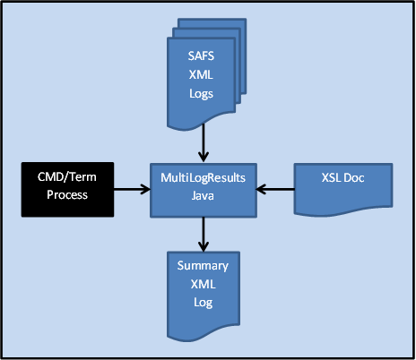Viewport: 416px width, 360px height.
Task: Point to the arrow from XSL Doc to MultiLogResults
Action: [x=275, y=188]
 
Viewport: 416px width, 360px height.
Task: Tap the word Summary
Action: [x=204, y=266]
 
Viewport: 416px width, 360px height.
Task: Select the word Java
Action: [x=202, y=194]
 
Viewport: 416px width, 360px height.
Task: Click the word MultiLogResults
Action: [x=202, y=179]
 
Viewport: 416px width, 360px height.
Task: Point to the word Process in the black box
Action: [x=68, y=194]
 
